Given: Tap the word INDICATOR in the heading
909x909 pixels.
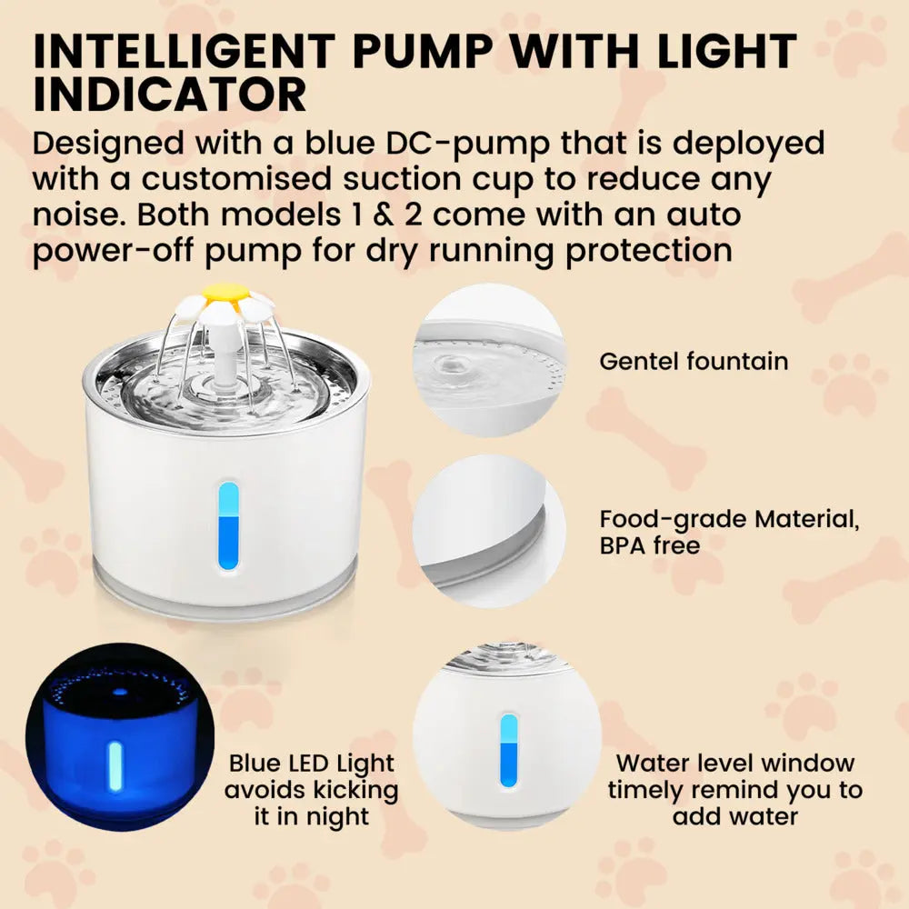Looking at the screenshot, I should pyautogui.click(x=169, y=95).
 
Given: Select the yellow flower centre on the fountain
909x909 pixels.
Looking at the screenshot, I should pyautogui.click(x=225, y=293).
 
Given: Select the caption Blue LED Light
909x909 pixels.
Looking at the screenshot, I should pyautogui.click(x=312, y=764).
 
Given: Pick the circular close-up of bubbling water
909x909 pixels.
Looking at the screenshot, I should pyautogui.click(x=489, y=359).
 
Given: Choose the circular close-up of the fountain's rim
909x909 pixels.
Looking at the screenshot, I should pyautogui.click(x=489, y=532).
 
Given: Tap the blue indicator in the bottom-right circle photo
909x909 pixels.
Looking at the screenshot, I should pyautogui.click(x=508, y=751).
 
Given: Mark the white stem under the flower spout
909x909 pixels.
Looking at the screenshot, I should pyautogui.click(x=224, y=359).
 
